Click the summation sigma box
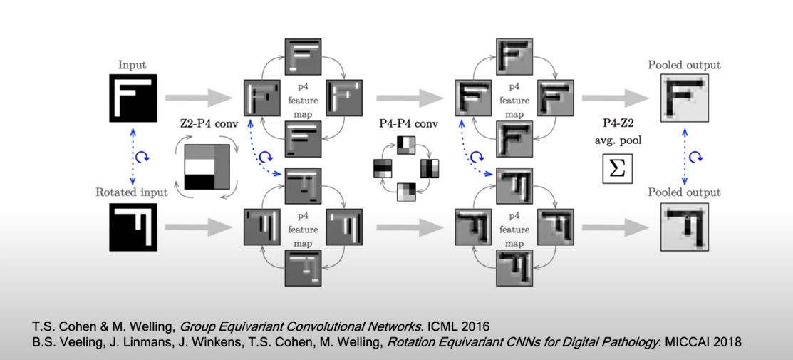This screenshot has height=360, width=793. pos(618,168)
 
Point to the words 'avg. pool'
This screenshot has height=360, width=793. pos(618,140)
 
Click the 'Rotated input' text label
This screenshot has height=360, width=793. pos(133,192)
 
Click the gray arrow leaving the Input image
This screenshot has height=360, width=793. pos(198,97)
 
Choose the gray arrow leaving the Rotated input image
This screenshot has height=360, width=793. pos(198,227)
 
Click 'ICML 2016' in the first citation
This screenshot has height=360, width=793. pos(462,326)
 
